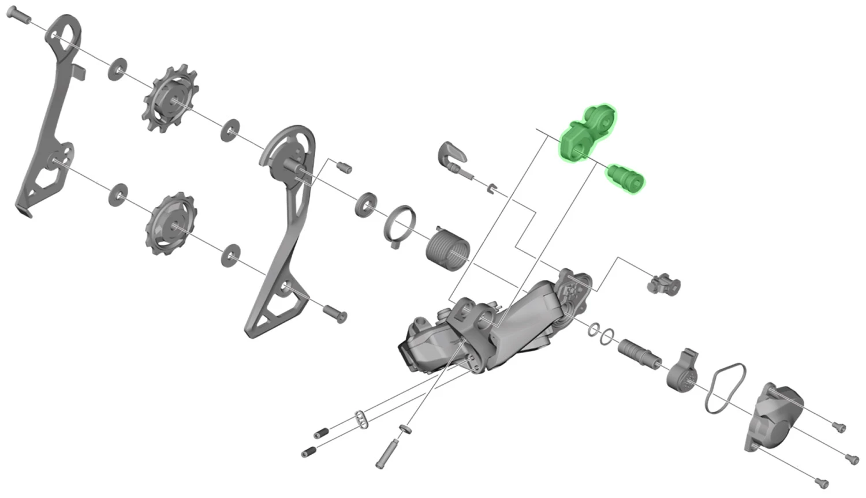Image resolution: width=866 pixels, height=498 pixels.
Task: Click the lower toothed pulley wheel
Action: coord(171,224)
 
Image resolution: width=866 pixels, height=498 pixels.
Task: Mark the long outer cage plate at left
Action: coord(49,115)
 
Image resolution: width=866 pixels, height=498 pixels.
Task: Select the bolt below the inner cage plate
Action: coord(335,313)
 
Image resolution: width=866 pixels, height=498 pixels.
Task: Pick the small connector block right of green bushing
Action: coord(664,284)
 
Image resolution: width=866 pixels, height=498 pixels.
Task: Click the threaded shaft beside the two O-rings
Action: coord(640,354)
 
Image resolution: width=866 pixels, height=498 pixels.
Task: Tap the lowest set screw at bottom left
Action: coord(309,452)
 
